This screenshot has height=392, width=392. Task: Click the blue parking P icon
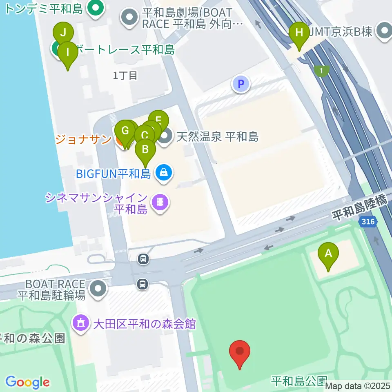(241, 85)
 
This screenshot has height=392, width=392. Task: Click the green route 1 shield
(323, 71)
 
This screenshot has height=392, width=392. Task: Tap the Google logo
(27, 382)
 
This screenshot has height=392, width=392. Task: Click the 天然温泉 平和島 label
(218, 136)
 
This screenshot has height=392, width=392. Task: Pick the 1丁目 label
(125, 75)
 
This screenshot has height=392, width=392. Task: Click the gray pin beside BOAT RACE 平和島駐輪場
(98, 289)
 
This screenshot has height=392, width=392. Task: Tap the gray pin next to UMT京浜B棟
(384, 31)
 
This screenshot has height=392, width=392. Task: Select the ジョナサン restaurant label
(83, 139)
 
